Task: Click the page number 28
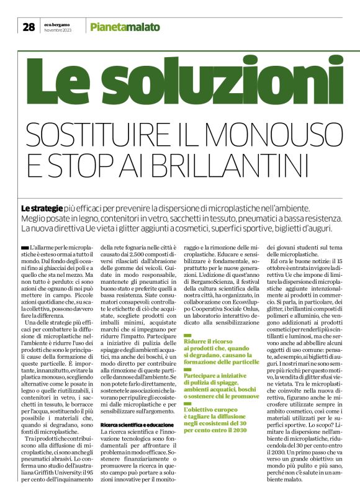click(29, 27)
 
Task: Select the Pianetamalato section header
click(125, 27)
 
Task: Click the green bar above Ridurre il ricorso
click(187, 336)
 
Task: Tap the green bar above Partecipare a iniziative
click(187, 370)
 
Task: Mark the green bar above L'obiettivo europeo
click(187, 405)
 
